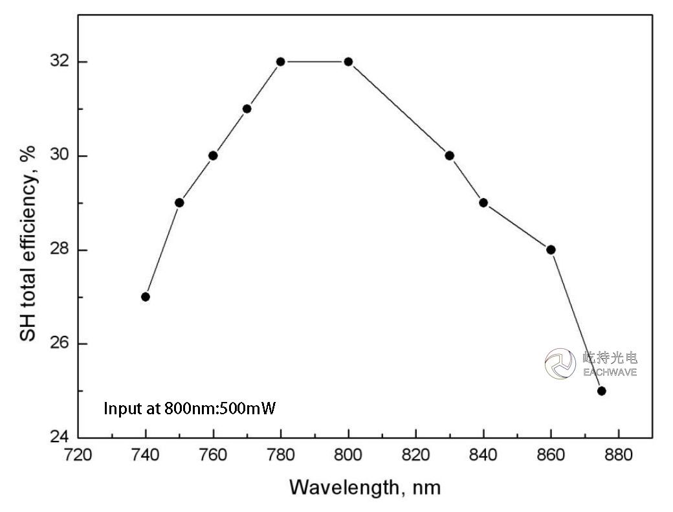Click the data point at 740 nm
coord(146,296)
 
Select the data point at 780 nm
coord(281,61)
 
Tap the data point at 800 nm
coord(348,61)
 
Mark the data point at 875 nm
coord(601,390)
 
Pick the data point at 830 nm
coord(450,155)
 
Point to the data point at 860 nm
coord(551,249)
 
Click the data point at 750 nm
coord(179,203)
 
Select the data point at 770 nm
coord(247,109)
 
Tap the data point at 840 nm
coord(483,203)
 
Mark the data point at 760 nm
coord(213,155)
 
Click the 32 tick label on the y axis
coord(59,62)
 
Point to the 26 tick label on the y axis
coord(59,344)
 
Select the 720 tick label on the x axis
coord(78,456)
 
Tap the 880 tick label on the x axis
coord(619,456)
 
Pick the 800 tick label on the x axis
coord(348,456)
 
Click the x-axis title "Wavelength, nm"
coord(365,487)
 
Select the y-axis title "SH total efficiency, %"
coord(28,243)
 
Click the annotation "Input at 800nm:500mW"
coord(190,409)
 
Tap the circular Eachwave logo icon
coord(560,363)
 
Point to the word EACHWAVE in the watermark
coord(610,372)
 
